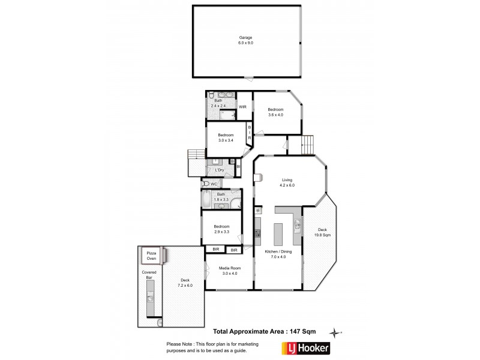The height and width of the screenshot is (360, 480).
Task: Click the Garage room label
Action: click(x=246, y=40)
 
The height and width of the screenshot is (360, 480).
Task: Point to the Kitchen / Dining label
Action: click(x=278, y=254)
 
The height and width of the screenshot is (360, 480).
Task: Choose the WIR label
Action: click(x=242, y=107)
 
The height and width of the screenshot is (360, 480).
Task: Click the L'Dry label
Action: click(x=220, y=170)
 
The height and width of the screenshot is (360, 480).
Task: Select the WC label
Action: click(x=214, y=184)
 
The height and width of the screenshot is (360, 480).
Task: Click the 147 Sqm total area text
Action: click(x=266, y=331)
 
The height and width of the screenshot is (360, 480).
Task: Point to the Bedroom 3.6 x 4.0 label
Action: click(x=275, y=112)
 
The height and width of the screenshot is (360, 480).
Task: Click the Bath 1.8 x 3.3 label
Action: click(x=221, y=196)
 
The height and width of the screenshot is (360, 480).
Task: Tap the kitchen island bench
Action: click(x=278, y=234)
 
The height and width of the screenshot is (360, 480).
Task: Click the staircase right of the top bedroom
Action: click(x=307, y=145)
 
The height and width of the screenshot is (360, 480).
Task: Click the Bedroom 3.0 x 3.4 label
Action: click(x=226, y=137)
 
